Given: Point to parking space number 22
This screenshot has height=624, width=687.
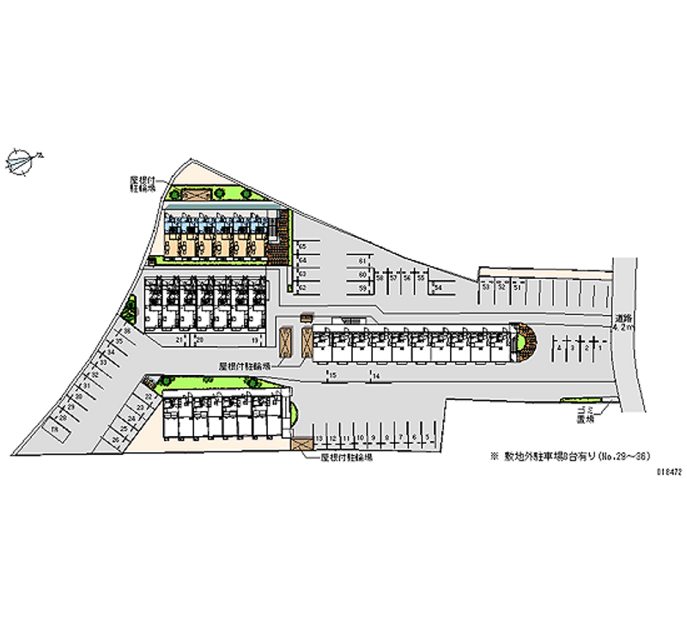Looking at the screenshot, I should click(149, 397).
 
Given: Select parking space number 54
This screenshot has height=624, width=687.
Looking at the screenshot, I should click(438, 287).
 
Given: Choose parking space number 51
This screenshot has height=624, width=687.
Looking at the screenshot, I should click(517, 288).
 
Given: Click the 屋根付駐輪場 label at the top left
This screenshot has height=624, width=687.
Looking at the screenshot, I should click(142, 185).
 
